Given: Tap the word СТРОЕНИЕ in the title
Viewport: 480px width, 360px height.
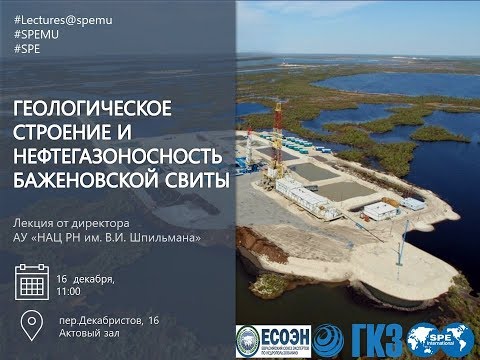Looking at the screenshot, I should click(x=68, y=132).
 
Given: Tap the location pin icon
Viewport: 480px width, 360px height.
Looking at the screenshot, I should click(x=32, y=326).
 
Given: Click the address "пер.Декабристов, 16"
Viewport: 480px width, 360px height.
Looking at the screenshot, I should click(x=108, y=319).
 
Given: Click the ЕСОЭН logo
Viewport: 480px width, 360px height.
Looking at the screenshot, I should click(x=272, y=340).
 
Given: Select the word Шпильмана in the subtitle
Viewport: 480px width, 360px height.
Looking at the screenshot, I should click(x=169, y=237).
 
